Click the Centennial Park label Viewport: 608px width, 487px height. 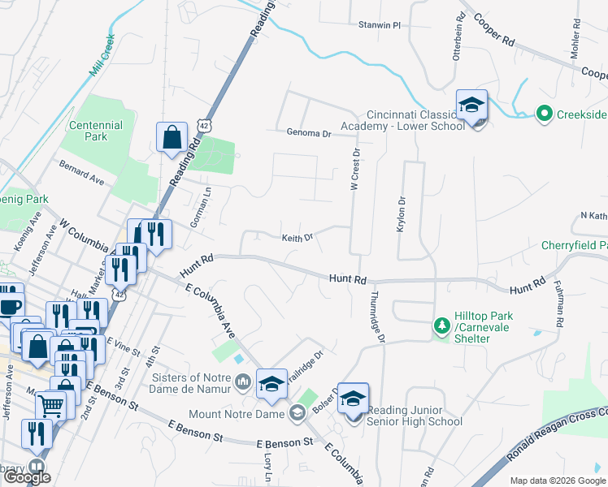(x=96, y=131)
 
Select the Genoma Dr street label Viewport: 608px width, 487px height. (x=310, y=133)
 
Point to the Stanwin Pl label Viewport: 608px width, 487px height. (x=380, y=25)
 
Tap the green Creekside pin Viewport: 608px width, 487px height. (x=544, y=114)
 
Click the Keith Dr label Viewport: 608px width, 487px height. (x=297, y=239)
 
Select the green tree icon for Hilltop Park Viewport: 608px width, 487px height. (x=441, y=325)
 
